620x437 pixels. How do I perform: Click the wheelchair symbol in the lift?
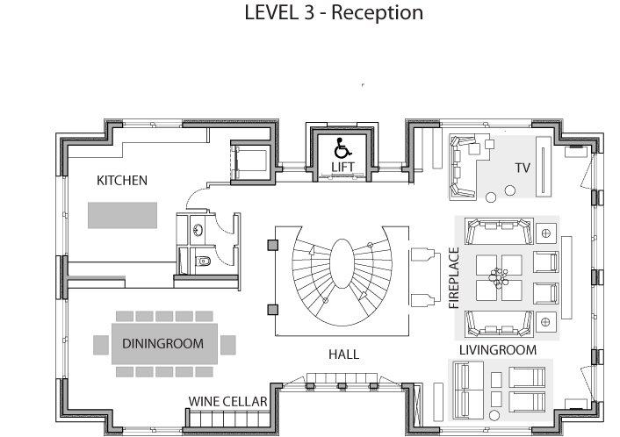tap(342, 148)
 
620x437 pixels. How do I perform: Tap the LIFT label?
tap(342, 167)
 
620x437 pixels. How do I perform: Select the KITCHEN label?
tap(122, 181)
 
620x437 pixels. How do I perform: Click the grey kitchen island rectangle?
tap(122, 215)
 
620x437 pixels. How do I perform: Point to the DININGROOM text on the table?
tap(163, 344)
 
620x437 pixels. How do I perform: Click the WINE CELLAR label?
tap(227, 401)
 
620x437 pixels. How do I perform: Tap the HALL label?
tap(344, 355)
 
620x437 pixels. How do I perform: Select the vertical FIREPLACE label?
tap(454, 278)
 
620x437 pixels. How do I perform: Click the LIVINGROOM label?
tap(498, 349)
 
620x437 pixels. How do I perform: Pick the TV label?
tap(523, 168)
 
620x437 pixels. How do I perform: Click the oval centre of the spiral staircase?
tap(342, 263)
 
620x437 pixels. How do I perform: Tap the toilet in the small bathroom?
tap(203, 261)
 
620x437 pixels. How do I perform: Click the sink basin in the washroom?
tap(198, 229)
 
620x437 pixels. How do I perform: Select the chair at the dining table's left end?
tap(101, 345)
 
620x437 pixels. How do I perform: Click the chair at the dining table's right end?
tap(228, 345)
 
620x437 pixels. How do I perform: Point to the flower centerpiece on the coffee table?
tap(498, 277)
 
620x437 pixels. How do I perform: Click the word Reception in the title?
tap(378, 12)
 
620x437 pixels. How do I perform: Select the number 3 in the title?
tap(308, 12)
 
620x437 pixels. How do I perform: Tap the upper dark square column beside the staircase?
tap(273, 245)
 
